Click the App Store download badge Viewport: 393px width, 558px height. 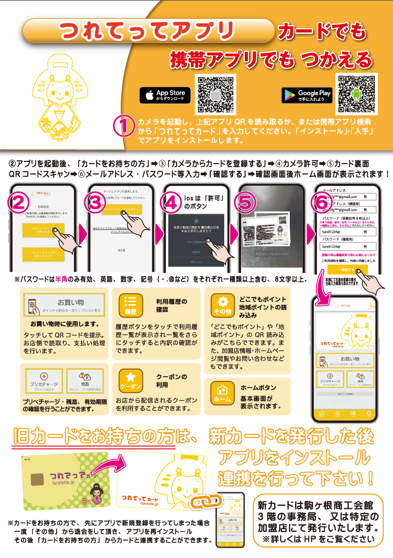click(165, 95)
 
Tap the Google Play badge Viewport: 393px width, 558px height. click(307, 95)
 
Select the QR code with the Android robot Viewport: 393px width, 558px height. click(357, 94)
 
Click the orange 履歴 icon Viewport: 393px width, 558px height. click(130, 307)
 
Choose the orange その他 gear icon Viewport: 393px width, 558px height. click(222, 306)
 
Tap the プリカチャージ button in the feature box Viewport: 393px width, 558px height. click(44, 380)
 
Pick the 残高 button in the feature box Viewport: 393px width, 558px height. click(85, 380)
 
